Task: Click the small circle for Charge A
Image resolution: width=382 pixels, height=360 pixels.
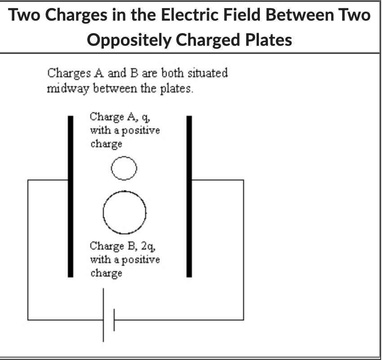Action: (123, 169)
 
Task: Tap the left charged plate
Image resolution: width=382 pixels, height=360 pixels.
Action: (70, 196)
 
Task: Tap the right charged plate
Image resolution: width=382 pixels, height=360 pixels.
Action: (189, 196)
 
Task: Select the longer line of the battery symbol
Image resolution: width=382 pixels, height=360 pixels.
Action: (104, 315)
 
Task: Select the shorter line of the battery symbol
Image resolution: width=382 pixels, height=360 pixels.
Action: (114, 320)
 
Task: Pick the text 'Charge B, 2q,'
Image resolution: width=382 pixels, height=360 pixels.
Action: (123, 246)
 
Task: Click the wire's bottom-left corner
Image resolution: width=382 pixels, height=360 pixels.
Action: (28, 320)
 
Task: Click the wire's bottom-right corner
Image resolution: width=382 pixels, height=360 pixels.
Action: (244, 320)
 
